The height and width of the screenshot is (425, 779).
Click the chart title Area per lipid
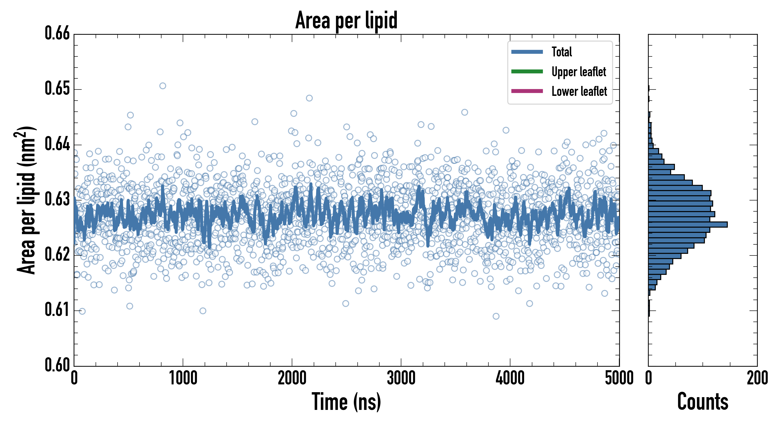coord(346,20)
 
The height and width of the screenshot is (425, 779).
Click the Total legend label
coord(562,52)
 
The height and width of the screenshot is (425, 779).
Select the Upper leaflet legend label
coord(579,72)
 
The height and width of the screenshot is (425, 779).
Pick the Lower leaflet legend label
coord(579,91)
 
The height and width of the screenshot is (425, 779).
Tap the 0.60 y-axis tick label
coord(57,365)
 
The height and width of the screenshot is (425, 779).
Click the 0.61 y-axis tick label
coord(57,310)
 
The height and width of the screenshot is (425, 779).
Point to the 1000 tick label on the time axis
coord(183,378)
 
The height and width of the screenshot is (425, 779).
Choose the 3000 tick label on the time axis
coord(401,378)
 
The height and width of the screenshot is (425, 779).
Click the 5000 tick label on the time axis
coord(619,378)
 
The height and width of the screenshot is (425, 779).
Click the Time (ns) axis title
coord(346,402)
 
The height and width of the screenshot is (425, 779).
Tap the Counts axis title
coord(703,402)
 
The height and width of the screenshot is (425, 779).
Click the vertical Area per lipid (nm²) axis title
coord(26,200)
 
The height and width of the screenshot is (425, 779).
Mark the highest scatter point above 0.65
coord(163,86)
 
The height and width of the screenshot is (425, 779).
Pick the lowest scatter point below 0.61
coord(496,316)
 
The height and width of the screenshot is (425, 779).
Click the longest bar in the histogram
coord(688,225)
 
